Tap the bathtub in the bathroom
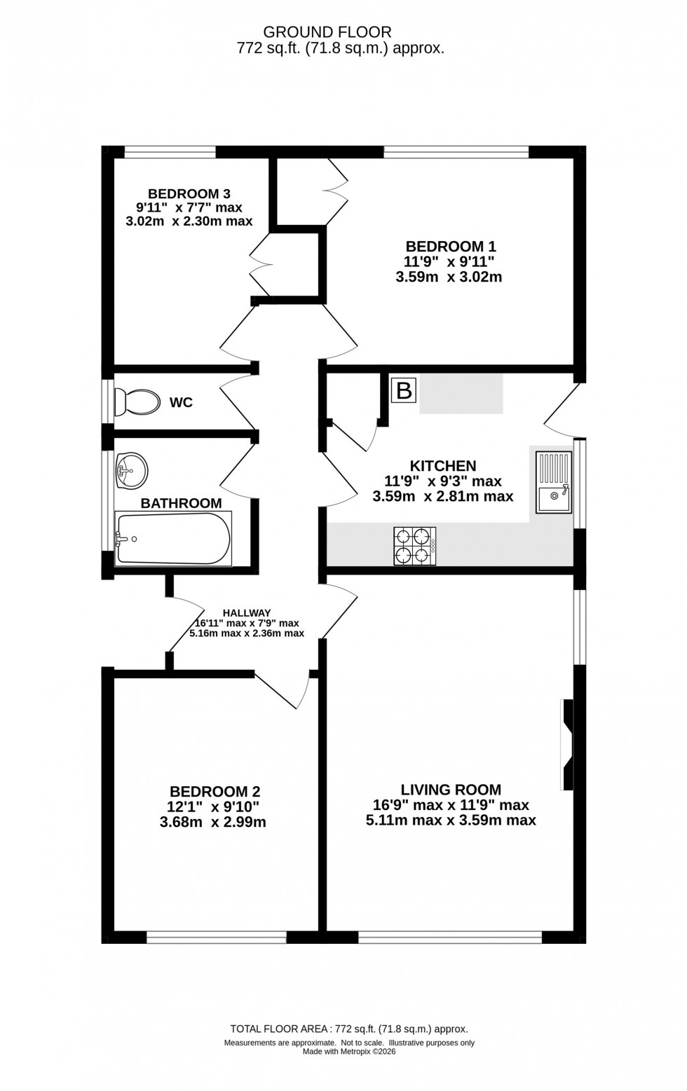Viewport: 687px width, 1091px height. point(173,539)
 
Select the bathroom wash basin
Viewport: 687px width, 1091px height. point(132,470)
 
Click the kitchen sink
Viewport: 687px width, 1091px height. point(554,483)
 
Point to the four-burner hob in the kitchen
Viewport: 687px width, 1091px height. point(414,546)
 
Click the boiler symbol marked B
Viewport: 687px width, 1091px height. point(404,390)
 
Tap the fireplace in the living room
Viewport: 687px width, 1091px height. point(567,745)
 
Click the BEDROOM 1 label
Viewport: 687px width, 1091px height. point(451,247)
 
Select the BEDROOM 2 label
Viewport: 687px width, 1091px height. point(215,791)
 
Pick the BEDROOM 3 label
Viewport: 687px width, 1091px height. point(189,193)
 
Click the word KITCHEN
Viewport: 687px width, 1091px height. point(443,466)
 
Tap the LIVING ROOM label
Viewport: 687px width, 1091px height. point(451,790)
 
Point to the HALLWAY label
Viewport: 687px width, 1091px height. point(247,613)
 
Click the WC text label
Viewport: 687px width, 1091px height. point(181,403)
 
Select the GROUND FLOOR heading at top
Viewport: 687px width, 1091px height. point(327,32)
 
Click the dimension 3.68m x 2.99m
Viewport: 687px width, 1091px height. point(213,822)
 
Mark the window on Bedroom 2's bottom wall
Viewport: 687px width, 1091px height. point(217,937)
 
